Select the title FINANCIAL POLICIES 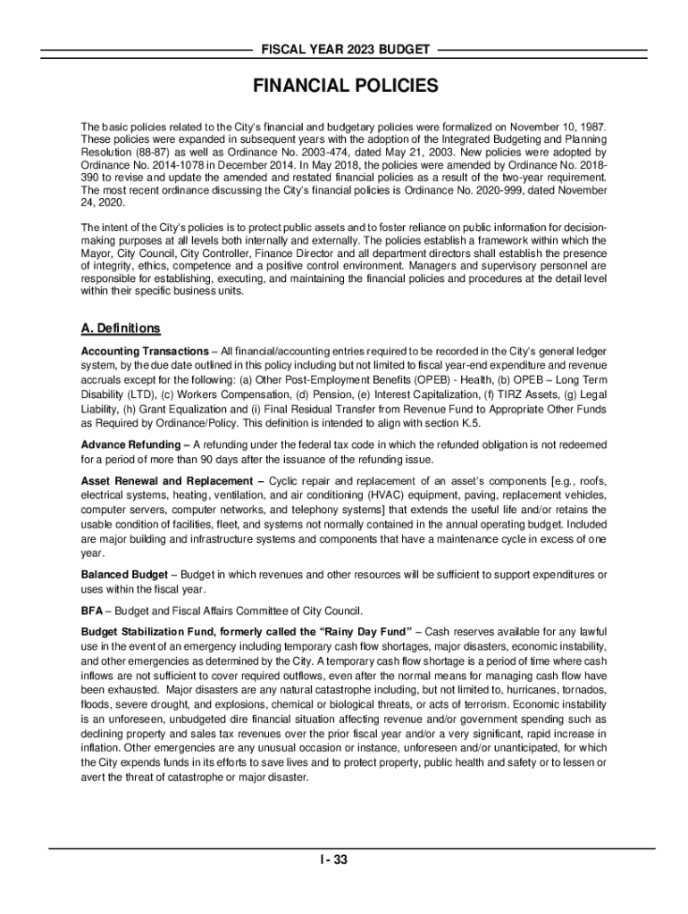coord(344,87)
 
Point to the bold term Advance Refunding coord(131,445)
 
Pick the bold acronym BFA coord(91,611)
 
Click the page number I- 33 coord(344,860)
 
